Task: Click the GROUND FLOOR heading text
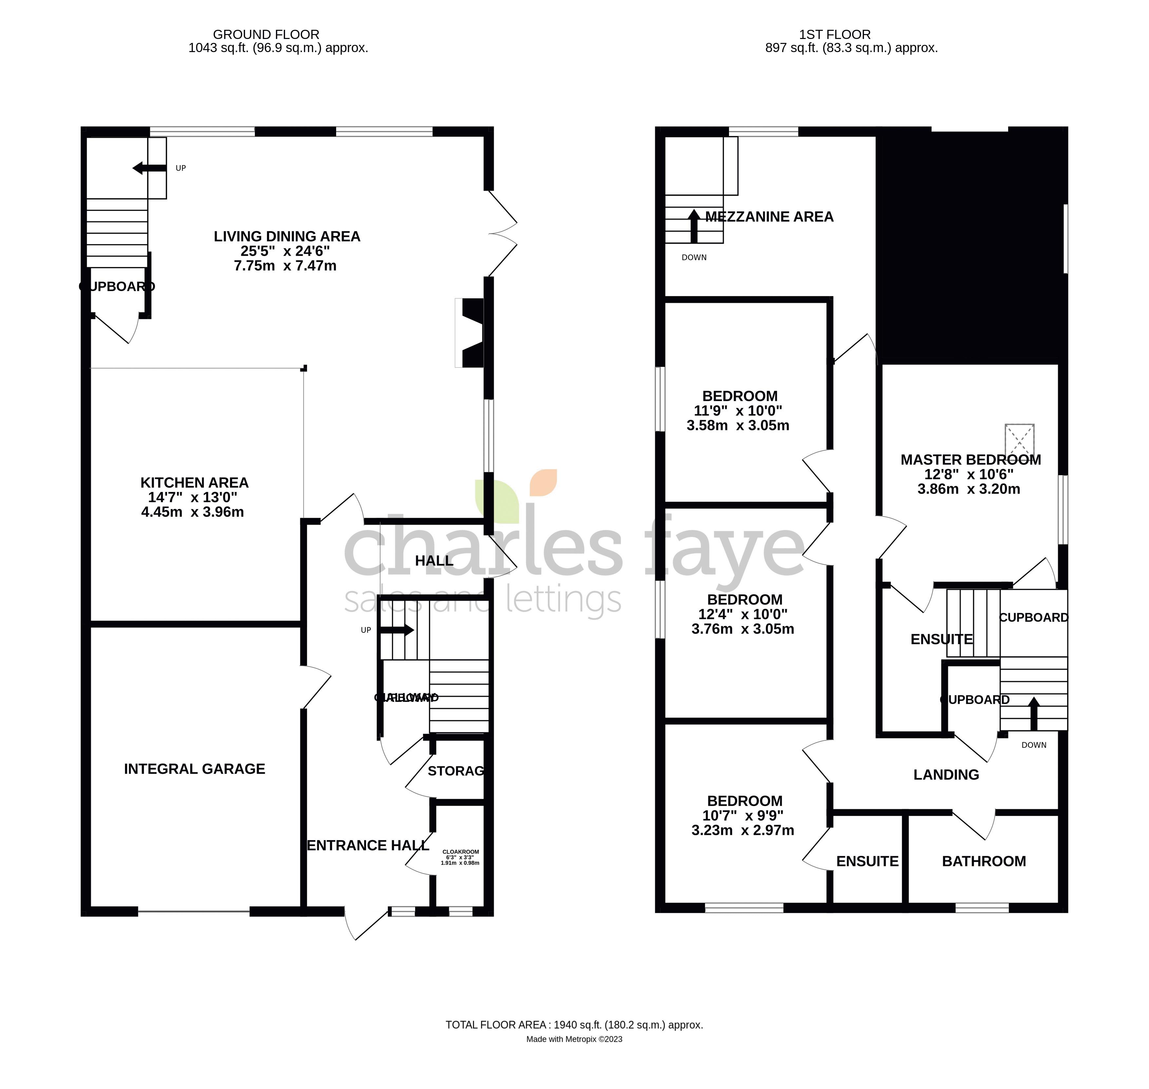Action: pos(266,35)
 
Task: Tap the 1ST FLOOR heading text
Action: pos(834,35)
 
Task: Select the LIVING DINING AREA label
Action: pos(287,236)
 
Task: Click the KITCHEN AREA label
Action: pos(195,482)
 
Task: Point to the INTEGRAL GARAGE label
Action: pos(195,769)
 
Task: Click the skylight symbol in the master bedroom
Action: pos(1020,440)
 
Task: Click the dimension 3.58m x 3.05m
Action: pos(737,425)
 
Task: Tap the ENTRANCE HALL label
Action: pos(368,845)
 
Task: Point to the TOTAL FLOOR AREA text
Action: pos(574,1024)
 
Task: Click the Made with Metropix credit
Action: pos(574,1039)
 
